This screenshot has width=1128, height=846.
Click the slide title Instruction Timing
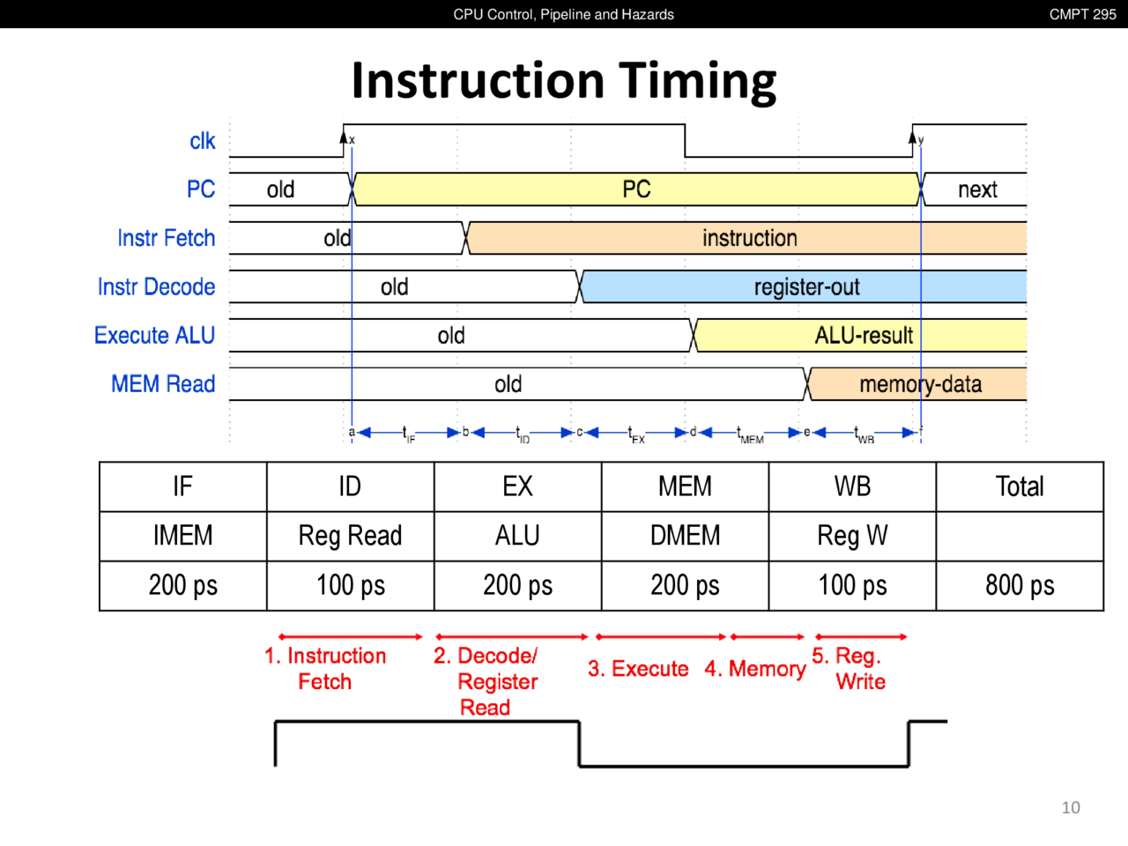coord(564,80)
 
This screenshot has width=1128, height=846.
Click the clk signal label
coord(203,141)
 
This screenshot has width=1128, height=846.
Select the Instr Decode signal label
coord(156,287)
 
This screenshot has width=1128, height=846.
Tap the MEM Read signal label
coord(163,384)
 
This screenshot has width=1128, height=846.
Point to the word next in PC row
coord(977,190)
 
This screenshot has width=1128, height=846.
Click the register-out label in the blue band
coord(806,287)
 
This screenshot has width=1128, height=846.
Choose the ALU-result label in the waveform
coord(864,336)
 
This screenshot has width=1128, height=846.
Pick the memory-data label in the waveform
coord(920,384)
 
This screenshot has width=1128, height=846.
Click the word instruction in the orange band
coord(749,239)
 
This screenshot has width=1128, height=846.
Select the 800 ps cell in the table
coord(1020,585)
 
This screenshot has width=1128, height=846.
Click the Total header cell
coord(1020,486)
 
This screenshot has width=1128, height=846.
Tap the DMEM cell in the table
coord(685,536)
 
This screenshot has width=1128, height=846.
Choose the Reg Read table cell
coord(350,536)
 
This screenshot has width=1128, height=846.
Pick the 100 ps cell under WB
coord(852,585)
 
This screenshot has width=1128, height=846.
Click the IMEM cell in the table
coord(182,536)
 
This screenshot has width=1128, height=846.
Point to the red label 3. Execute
coord(638,669)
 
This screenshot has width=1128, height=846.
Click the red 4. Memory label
coord(755,669)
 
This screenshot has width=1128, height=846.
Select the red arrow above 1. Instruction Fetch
coord(351,636)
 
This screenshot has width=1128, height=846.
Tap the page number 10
coord(1071,807)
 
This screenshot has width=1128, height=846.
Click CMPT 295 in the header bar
coord(1082,14)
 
